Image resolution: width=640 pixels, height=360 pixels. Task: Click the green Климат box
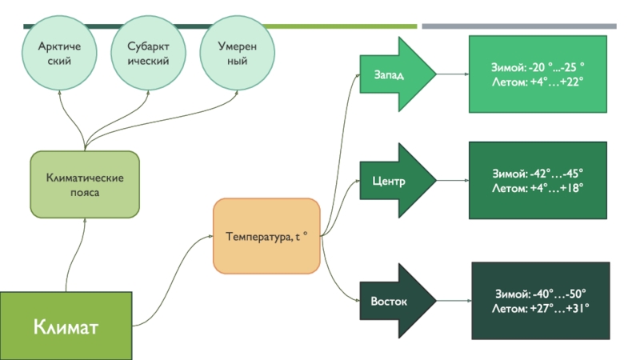click(x=66, y=326)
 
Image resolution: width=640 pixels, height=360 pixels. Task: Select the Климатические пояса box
click(x=84, y=185)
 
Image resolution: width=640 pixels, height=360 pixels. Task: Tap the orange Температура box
click(x=266, y=237)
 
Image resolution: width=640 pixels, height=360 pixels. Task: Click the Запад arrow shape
click(x=396, y=74)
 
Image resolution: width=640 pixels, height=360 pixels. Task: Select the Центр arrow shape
click(x=396, y=181)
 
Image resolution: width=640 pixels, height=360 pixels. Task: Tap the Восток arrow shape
click(x=396, y=302)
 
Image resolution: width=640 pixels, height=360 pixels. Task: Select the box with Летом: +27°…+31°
click(x=541, y=300)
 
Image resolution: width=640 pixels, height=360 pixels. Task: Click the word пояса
click(x=84, y=193)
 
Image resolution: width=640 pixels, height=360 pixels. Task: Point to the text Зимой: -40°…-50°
click(x=541, y=293)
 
